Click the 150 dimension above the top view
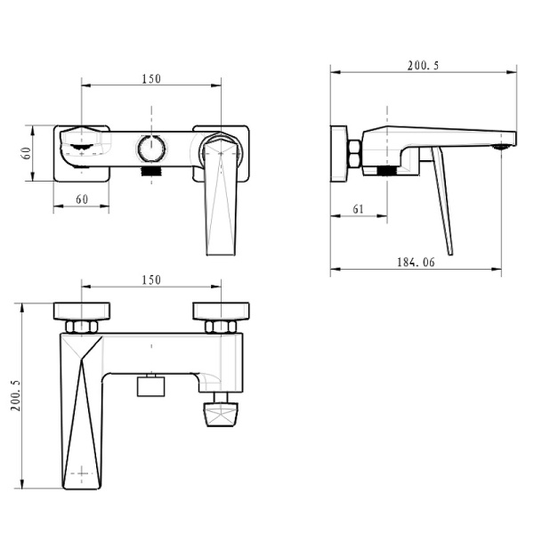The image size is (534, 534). coord(151,78)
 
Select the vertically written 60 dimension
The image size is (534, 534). coord(26,153)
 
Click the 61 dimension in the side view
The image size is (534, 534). coord(358,209)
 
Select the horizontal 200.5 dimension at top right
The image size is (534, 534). coord(424,65)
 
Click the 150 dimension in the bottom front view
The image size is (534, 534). coord(151,279)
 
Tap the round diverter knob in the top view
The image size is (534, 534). coord(152,148)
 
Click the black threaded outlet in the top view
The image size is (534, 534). coord(153,169)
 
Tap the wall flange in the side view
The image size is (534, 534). coord(338,154)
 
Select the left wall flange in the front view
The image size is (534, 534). coord(82,311)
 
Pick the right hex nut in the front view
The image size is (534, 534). coord(219,327)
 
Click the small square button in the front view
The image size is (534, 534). coord(151,385)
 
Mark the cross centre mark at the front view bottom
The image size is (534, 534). coord(83,472)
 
